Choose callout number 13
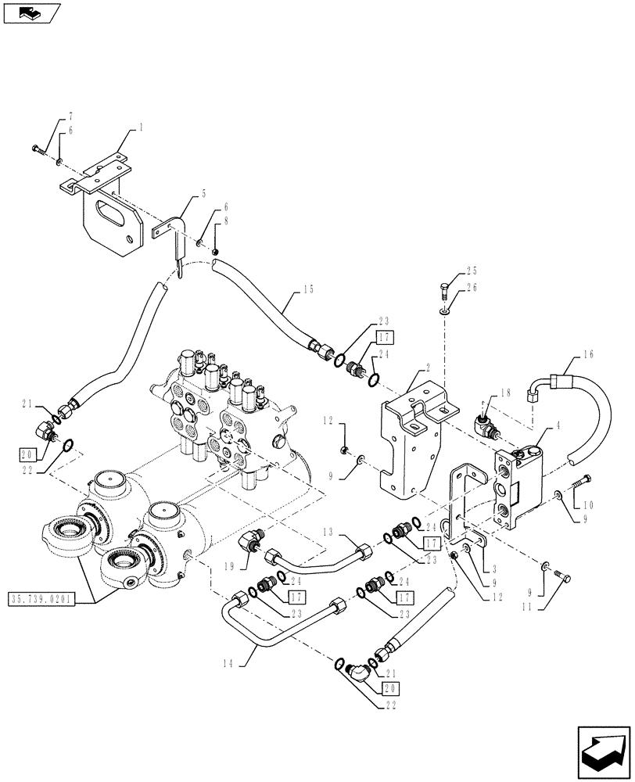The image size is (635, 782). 328,532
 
